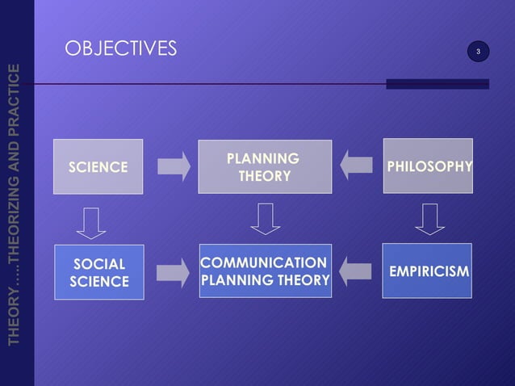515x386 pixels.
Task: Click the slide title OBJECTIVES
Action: (x=120, y=50)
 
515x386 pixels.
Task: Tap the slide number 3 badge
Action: (x=478, y=52)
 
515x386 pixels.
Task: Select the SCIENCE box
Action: (x=98, y=167)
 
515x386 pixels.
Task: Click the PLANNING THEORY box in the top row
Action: (x=264, y=166)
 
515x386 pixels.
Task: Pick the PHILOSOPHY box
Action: (x=428, y=166)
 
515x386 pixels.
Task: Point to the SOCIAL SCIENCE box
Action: (x=98, y=272)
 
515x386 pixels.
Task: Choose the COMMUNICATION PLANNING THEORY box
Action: (x=264, y=271)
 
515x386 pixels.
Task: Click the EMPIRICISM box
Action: (x=427, y=271)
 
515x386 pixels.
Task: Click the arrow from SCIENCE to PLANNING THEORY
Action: (x=173, y=166)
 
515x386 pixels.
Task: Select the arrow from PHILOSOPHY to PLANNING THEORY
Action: (x=356, y=166)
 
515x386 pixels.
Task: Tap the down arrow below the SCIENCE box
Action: (x=91, y=222)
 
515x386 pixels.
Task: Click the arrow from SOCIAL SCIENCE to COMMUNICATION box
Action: (x=172, y=272)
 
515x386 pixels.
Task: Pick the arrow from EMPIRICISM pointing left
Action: (x=355, y=271)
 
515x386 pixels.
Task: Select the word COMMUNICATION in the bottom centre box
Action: (x=263, y=263)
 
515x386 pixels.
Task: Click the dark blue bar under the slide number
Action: (x=437, y=84)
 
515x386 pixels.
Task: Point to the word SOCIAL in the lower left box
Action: (x=99, y=264)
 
